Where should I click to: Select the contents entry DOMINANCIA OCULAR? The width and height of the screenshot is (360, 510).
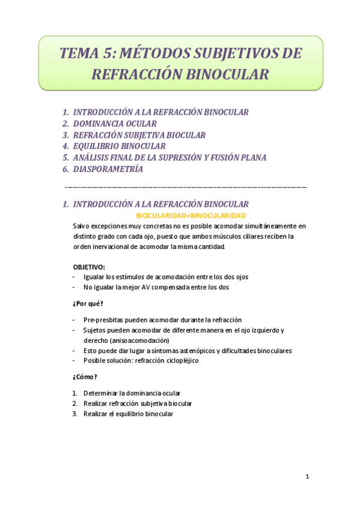115,123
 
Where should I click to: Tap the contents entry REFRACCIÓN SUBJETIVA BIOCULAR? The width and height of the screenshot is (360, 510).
139,135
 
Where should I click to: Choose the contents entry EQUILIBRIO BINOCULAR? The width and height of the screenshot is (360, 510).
119,146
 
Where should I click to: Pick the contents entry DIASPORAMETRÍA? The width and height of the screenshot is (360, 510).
108,169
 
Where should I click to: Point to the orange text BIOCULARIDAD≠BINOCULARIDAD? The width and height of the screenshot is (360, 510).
191,215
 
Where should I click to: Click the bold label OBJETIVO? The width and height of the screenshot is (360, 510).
89,266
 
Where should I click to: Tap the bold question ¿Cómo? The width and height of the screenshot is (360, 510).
85,377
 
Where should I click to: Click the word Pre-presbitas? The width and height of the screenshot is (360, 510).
104,320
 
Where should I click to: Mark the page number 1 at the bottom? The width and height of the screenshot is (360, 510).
307,477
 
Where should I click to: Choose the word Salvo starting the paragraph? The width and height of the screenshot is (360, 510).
81,226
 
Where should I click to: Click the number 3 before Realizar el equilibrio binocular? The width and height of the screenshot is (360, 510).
75,414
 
